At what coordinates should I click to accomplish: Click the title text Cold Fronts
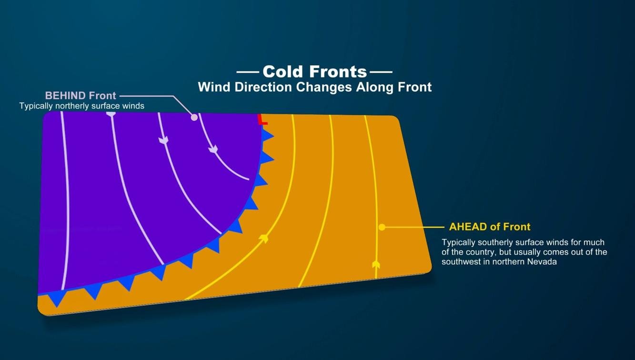[x=314, y=72]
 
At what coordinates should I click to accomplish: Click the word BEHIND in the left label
[x=65, y=96]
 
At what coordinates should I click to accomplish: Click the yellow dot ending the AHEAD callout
[x=382, y=227]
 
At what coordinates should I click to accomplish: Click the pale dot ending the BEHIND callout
[x=194, y=117]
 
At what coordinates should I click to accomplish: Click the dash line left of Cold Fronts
[x=248, y=72]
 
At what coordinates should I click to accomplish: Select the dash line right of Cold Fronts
[x=381, y=72]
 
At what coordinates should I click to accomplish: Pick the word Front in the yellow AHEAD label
[x=517, y=227]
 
